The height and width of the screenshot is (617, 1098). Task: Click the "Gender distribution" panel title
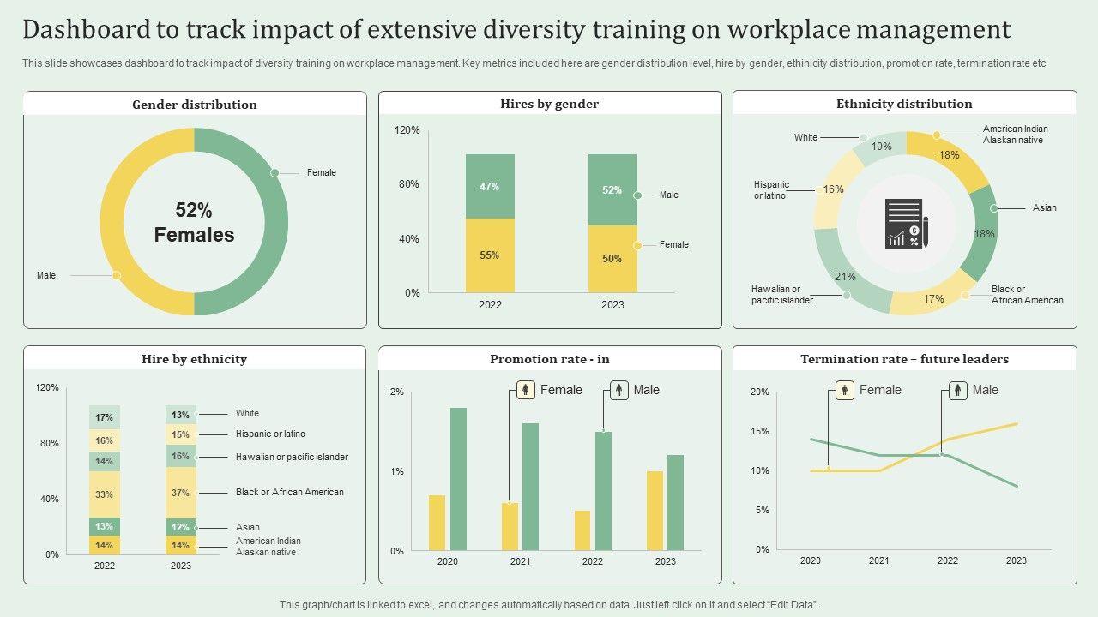point(195,105)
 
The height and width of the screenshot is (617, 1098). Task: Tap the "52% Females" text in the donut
point(194,223)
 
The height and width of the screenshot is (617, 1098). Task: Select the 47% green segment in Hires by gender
point(490,187)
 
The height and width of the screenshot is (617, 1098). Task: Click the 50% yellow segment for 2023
point(612,259)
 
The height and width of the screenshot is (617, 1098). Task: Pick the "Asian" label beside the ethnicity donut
point(1044,208)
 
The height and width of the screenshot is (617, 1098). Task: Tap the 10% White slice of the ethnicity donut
point(883,147)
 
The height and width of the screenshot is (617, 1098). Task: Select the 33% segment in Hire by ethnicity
point(105,494)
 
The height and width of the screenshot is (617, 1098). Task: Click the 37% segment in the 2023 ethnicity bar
point(180,493)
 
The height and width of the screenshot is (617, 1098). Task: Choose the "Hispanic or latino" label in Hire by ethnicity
point(270,434)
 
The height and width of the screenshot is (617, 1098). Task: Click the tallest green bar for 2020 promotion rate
point(458,478)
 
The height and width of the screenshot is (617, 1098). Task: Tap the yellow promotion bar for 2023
point(655,510)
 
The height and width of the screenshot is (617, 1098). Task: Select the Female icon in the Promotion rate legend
point(526,391)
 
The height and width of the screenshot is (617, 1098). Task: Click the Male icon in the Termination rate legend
point(957,391)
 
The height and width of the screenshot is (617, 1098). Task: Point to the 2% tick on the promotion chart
point(397,392)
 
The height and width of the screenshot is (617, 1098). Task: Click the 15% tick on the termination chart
point(759,432)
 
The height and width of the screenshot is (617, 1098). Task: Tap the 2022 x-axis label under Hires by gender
point(490,305)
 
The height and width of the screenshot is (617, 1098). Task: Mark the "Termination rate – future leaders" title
point(904,360)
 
